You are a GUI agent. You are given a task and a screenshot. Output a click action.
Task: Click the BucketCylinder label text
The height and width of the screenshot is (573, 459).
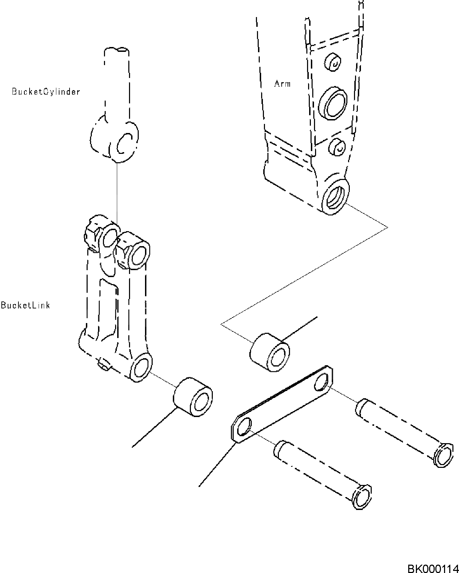click(x=46, y=92)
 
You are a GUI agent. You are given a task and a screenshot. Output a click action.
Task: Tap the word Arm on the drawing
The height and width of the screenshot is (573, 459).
click(x=282, y=84)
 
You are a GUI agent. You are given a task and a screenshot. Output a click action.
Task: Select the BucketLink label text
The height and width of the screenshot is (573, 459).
click(x=25, y=305)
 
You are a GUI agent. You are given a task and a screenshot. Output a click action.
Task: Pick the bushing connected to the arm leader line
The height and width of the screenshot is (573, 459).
click(x=269, y=352)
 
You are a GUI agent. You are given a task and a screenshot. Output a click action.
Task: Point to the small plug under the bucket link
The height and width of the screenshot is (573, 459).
click(x=103, y=365)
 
